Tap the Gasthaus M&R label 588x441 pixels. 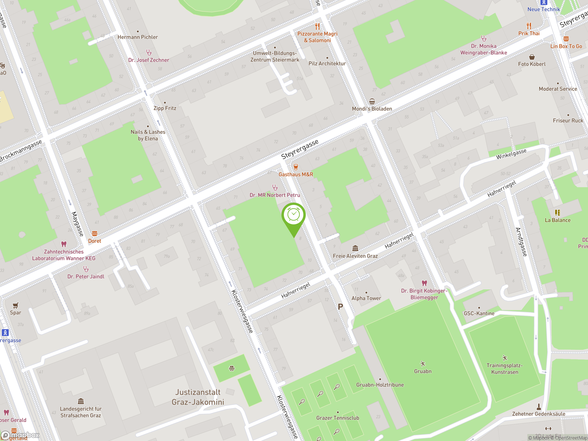click(x=296, y=174)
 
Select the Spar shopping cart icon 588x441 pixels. click(x=16, y=305)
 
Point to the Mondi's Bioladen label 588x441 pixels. click(x=372, y=109)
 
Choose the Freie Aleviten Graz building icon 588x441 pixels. click(x=355, y=248)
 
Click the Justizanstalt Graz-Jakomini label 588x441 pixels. click(x=198, y=397)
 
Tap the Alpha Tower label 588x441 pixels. click(x=366, y=298)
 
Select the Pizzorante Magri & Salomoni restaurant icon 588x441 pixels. click(x=317, y=26)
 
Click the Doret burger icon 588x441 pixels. click(x=95, y=234)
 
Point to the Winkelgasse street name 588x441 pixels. click(x=511, y=154)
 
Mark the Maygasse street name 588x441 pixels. click(x=77, y=224)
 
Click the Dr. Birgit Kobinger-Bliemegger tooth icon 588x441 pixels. click(x=424, y=283)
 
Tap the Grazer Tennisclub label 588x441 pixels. click(x=338, y=418)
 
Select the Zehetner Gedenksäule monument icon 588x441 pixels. click(x=539, y=407)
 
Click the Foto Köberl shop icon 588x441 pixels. click(x=532, y=57)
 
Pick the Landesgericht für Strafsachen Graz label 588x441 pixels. click(x=81, y=412)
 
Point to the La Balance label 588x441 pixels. click(x=557, y=220)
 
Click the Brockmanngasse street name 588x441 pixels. click(x=21, y=151)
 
